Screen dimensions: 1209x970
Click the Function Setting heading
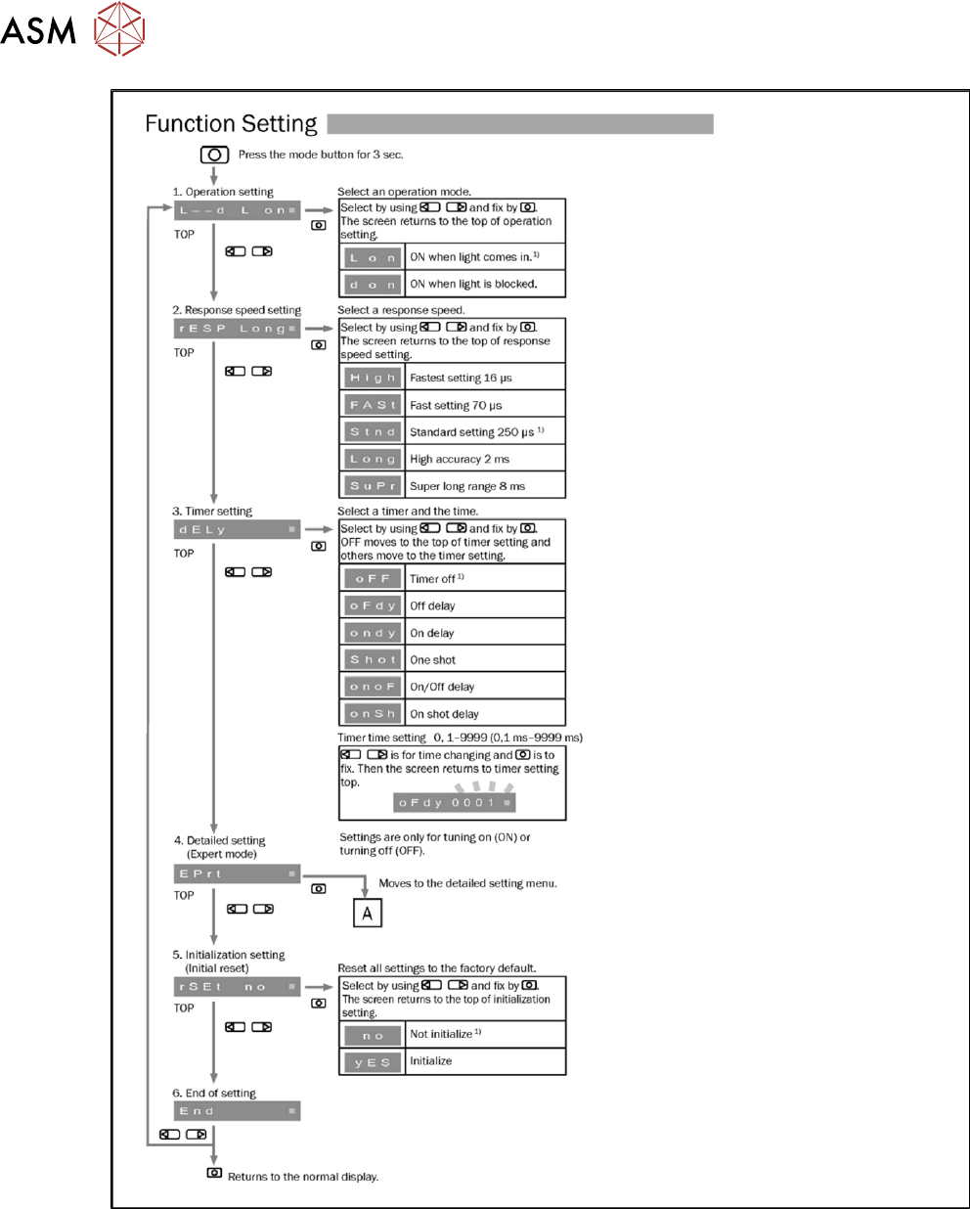(x=231, y=124)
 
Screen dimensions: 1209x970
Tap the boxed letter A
(x=367, y=913)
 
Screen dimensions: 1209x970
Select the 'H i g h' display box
(x=373, y=378)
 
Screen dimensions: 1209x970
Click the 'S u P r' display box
(x=373, y=485)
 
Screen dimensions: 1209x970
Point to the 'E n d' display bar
(x=237, y=1111)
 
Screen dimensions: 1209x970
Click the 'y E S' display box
(x=373, y=1062)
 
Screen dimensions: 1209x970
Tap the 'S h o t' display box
(x=373, y=659)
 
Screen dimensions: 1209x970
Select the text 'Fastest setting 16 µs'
(x=461, y=378)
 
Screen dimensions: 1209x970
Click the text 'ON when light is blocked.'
(x=473, y=284)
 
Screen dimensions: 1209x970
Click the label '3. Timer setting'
(x=212, y=511)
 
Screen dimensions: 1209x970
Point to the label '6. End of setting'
(x=214, y=1093)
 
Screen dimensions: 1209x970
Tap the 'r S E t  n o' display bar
(x=237, y=987)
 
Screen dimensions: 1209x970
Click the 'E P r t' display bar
(x=237, y=873)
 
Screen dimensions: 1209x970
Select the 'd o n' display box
(x=373, y=285)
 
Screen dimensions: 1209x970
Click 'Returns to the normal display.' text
(x=303, y=1177)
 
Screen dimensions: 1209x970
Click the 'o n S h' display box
(x=373, y=713)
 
